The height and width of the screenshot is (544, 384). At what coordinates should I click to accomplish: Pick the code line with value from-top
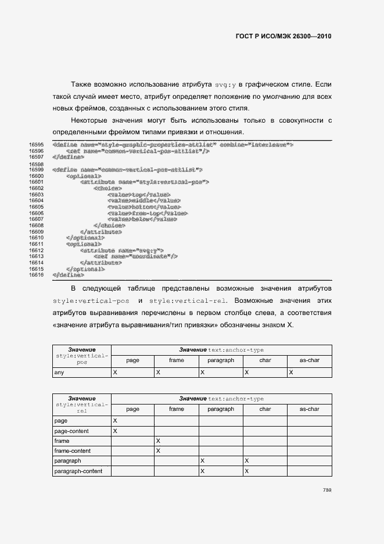coord(143,213)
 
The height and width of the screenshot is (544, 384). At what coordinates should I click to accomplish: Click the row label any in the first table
coord(59,371)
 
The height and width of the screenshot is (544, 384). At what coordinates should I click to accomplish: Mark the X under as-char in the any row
coord(290,371)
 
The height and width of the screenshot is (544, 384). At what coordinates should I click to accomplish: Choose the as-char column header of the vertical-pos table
coord(309,360)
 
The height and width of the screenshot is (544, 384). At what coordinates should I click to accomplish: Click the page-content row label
coord(71,431)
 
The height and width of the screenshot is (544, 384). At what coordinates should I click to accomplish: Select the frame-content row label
coord(72,450)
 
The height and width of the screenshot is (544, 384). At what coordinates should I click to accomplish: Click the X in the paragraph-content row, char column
coord(246,471)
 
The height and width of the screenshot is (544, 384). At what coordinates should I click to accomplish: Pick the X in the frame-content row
coord(158,450)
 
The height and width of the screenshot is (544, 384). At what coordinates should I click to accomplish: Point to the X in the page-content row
coord(115,431)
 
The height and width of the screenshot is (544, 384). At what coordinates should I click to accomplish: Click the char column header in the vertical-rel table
coord(265,409)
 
